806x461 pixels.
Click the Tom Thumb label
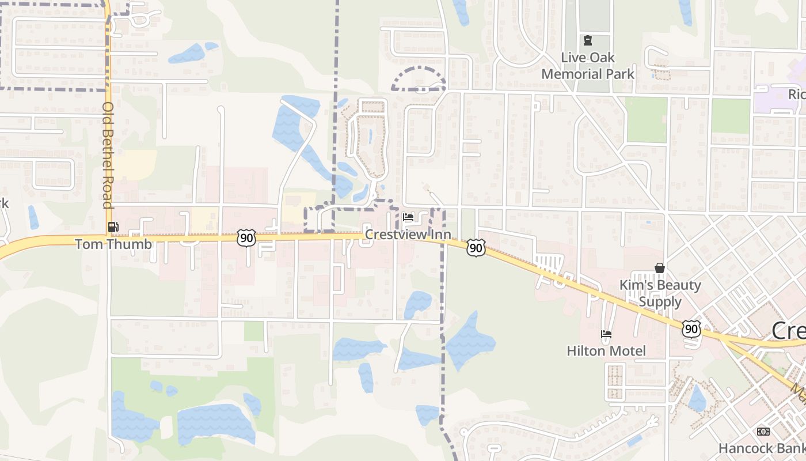click(x=113, y=244)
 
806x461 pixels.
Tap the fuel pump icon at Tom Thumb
click(x=113, y=227)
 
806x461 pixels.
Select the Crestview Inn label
click(x=408, y=235)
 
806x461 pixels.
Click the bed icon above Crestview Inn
click(x=408, y=217)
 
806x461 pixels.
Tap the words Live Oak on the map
click(x=588, y=58)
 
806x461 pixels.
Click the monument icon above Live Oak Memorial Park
click(x=588, y=40)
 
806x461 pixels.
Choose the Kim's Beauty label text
click(x=660, y=285)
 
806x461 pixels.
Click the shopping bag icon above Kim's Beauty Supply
click(x=660, y=268)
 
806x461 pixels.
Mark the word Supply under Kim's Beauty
click(x=660, y=301)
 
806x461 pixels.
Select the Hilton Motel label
click(x=606, y=351)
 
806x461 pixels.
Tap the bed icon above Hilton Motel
click(x=606, y=334)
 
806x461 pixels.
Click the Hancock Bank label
click(x=762, y=448)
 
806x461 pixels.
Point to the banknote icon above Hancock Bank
click(x=763, y=432)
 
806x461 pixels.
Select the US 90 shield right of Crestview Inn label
click(x=476, y=248)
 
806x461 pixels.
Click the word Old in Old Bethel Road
click(x=108, y=112)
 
